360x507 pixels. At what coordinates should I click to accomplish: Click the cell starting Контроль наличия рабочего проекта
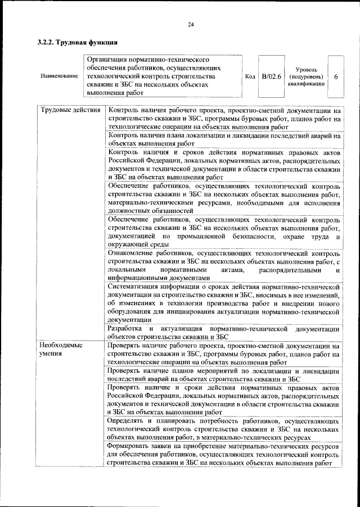coord(224,118)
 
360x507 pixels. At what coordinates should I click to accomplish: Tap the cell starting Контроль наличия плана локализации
coord(224,139)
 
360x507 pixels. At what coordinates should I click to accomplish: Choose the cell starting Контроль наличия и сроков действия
coord(224,164)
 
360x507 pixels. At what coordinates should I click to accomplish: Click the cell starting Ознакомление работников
coord(224,265)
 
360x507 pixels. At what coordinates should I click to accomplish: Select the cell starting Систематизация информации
coord(224,303)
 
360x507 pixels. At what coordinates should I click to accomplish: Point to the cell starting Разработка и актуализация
coord(224,332)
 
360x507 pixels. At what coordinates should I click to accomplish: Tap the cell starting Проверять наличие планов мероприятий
coord(224,375)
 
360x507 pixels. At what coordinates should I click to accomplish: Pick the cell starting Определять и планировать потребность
coord(224,428)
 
